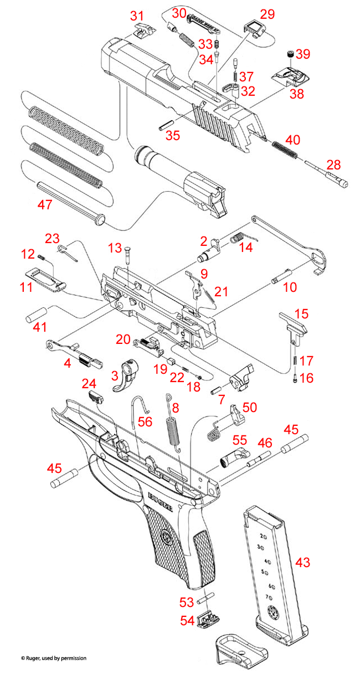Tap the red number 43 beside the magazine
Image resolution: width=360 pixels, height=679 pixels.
pyautogui.click(x=303, y=562)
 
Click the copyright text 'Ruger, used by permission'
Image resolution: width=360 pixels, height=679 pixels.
pyautogui.click(x=53, y=658)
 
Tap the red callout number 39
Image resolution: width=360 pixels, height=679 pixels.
pyautogui.click(x=302, y=54)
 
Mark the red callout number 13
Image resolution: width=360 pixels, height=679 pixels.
pyautogui.click(x=114, y=246)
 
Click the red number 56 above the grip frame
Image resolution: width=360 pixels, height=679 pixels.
pyautogui.click(x=145, y=421)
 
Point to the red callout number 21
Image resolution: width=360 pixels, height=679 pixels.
pyautogui.click(x=221, y=291)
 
